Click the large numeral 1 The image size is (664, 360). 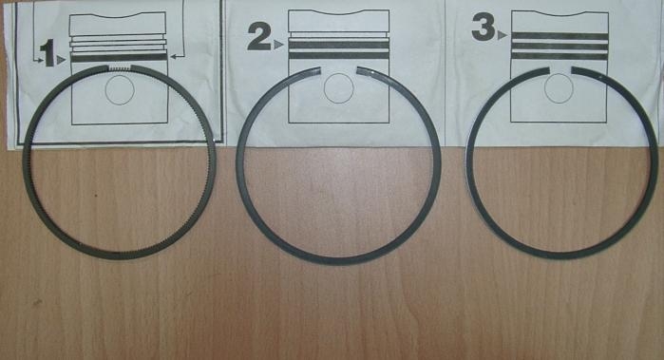[47, 53]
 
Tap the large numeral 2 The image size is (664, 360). [259, 36]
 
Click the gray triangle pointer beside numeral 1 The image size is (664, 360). [62, 60]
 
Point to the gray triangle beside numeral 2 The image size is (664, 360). [278, 45]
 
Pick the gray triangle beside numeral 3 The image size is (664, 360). [503, 35]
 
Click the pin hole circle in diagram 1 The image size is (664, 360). [120, 90]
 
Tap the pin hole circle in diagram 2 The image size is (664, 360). [338, 88]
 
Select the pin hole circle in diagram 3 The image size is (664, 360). [559, 88]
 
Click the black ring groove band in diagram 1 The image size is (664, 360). [119, 58]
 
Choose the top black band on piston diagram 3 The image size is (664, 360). [560, 36]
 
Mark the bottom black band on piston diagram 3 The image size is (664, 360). [560, 56]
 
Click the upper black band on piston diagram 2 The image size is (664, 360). [338, 45]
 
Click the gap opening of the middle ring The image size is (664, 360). [339, 70]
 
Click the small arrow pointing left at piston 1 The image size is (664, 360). [177, 56]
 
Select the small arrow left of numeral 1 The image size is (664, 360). [37, 62]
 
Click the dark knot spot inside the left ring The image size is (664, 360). [96, 196]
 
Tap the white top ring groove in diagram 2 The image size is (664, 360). [338, 35]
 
